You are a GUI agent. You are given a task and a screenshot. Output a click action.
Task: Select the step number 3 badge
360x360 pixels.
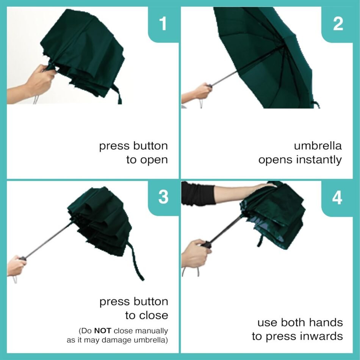(163, 197)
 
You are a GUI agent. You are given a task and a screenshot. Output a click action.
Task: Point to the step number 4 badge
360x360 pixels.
(337, 197)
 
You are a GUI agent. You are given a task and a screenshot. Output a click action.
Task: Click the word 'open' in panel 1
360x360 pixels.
(154, 160)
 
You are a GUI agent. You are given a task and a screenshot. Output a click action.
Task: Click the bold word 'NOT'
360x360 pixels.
(103, 331)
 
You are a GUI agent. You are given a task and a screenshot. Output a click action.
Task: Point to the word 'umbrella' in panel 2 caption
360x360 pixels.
(318, 146)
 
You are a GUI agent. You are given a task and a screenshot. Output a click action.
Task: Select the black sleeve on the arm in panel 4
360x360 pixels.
(198, 193)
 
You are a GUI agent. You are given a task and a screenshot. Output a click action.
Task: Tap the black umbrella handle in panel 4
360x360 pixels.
(207, 244)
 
